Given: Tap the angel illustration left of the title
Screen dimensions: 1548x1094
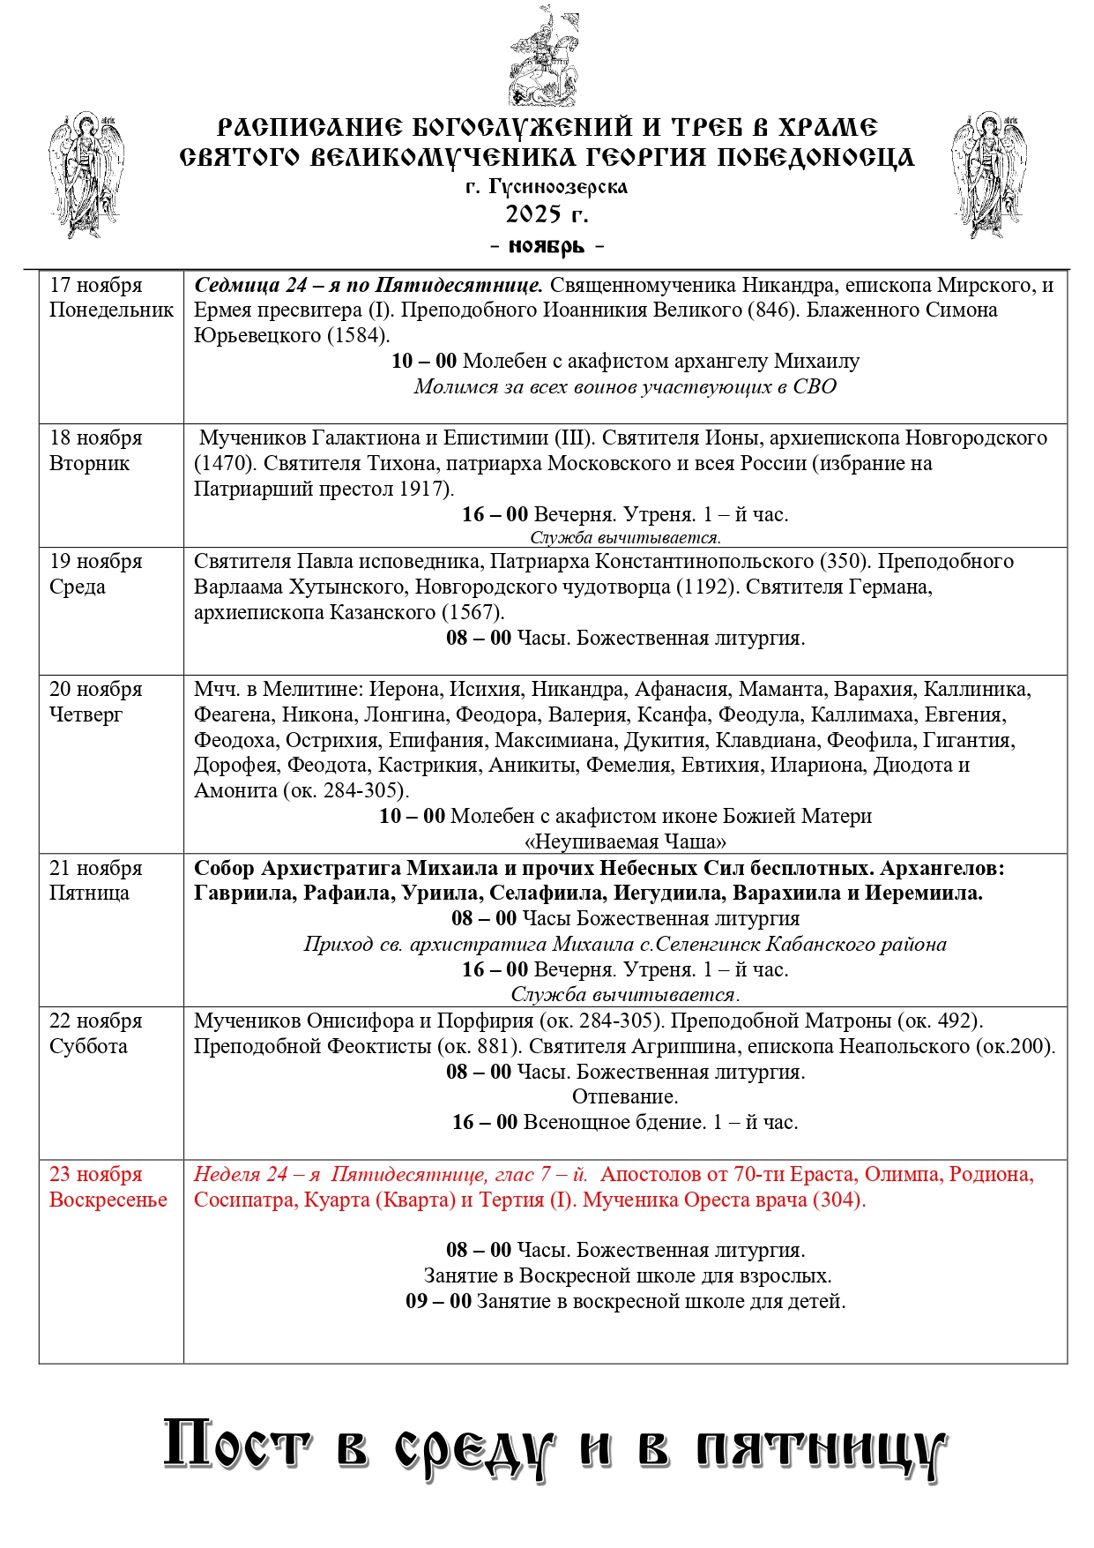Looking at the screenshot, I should [x=86, y=174].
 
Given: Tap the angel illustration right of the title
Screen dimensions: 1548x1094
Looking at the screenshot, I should [x=989, y=174].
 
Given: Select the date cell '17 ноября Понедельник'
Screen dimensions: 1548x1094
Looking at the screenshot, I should [x=111, y=297].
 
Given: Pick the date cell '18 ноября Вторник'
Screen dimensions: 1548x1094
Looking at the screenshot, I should [x=95, y=450].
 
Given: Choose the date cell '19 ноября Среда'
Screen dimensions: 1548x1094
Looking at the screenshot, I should [x=95, y=573].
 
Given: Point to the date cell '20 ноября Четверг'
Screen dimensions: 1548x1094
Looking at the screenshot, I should [x=95, y=701].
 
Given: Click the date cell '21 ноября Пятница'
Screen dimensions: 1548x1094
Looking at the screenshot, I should [x=95, y=880].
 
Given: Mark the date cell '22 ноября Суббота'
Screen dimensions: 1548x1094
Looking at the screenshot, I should [x=95, y=1033].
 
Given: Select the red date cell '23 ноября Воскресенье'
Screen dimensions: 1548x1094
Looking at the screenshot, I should [x=108, y=1186].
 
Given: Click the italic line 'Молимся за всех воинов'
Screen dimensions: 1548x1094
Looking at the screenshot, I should [x=625, y=386].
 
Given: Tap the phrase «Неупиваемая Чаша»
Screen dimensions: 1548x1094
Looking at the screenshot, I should [x=625, y=841].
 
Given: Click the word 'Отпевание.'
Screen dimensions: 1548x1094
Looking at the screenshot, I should [x=625, y=1096].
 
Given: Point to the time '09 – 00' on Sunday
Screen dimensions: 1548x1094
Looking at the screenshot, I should [x=438, y=1301].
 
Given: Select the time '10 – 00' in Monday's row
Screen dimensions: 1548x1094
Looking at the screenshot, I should [x=424, y=361].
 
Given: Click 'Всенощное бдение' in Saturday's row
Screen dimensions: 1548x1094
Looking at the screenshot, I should [x=614, y=1122].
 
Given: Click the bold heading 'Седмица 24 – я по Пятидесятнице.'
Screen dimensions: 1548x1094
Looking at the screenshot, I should [x=368, y=285].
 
